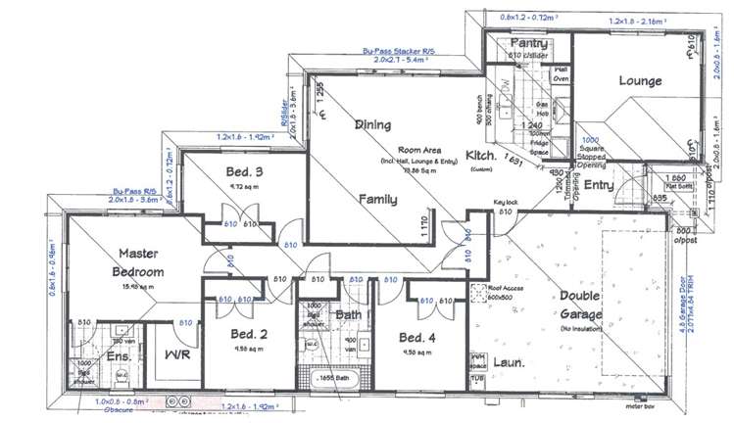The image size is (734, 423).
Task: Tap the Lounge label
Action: point(640,80)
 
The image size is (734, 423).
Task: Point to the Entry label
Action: point(598,185)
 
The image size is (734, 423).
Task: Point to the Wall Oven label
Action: point(562,74)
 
